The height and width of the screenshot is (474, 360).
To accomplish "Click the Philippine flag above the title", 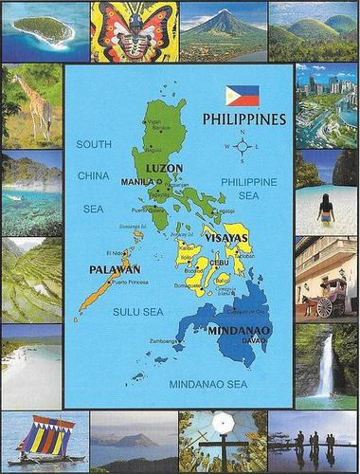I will [x=242, y=95].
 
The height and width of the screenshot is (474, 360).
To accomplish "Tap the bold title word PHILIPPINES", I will [x=244, y=119].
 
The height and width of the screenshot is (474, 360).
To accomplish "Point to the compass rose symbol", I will [x=241, y=147].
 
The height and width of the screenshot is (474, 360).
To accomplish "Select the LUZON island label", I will [x=166, y=168].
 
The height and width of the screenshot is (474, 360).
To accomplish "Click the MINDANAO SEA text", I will [x=207, y=384].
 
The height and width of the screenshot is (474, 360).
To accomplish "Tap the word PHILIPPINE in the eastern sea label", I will [x=248, y=181].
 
